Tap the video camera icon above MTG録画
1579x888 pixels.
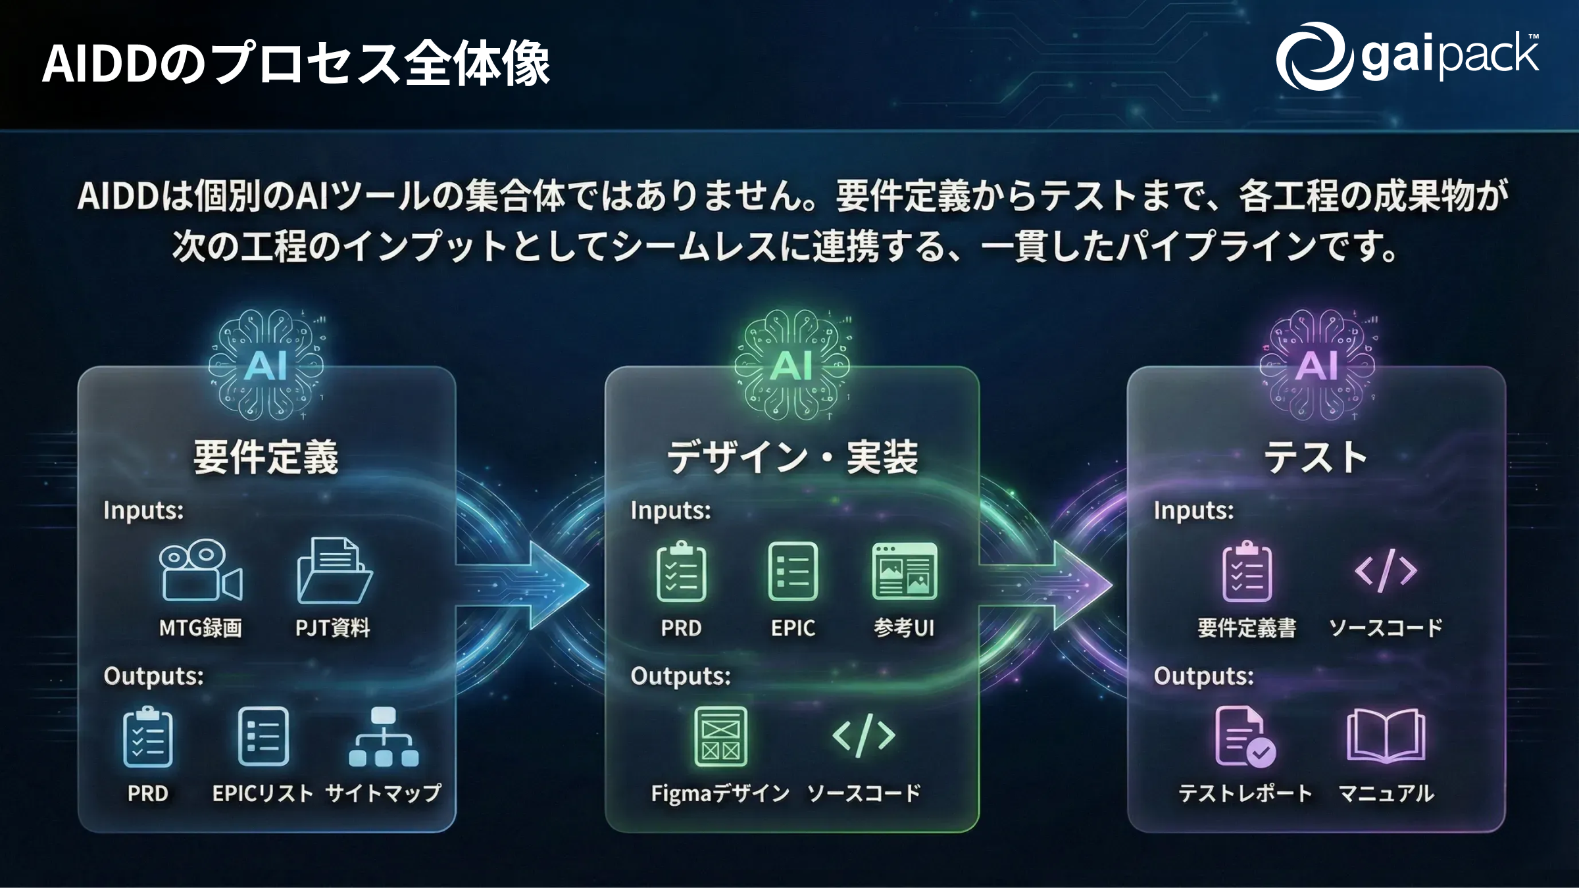tap(201, 571)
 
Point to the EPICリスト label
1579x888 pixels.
tap(263, 794)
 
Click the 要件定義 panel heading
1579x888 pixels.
tap(266, 458)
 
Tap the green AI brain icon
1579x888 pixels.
tap(792, 365)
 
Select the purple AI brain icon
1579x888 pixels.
tap(1317, 365)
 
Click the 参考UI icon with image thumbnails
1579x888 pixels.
tap(905, 571)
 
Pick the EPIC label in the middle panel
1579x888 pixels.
tap(793, 628)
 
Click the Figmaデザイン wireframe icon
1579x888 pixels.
tap(721, 737)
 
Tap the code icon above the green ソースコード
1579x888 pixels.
tap(864, 736)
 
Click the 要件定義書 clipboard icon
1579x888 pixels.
tap(1247, 571)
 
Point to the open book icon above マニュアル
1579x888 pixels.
tap(1386, 737)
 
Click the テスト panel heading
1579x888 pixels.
tap(1316, 458)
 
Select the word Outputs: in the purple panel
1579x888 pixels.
tap(1203, 676)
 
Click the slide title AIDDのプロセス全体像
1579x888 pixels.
tap(296, 64)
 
